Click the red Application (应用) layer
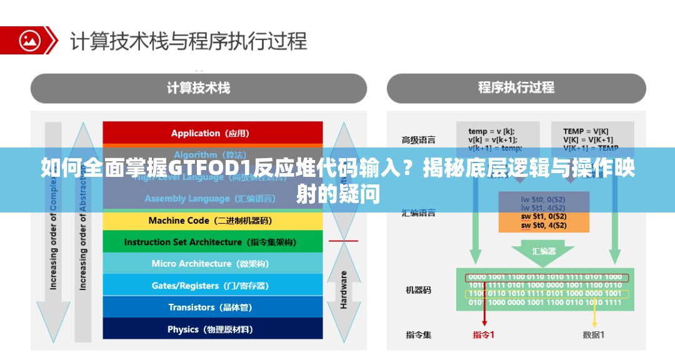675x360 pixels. tap(212, 133)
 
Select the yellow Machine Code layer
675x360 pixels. tap(212, 221)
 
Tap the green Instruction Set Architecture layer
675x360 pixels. tap(212, 242)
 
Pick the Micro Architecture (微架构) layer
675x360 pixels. tap(212, 264)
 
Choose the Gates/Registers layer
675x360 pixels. tap(212, 286)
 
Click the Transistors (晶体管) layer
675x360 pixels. tap(212, 307)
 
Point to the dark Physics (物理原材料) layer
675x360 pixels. tap(212, 329)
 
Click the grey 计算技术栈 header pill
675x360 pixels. tap(198, 88)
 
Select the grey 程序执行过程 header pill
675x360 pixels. tap(516, 88)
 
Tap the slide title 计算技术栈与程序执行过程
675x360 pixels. tap(188, 41)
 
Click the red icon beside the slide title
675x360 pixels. tap(29, 41)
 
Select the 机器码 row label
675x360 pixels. tap(418, 290)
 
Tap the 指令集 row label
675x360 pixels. tap(418, 335)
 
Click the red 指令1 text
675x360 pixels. tap(483, 335)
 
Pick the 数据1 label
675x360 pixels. tap(593, 335)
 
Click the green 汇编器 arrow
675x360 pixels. tap(543, 251)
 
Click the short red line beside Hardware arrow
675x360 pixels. tap(343, 241)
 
